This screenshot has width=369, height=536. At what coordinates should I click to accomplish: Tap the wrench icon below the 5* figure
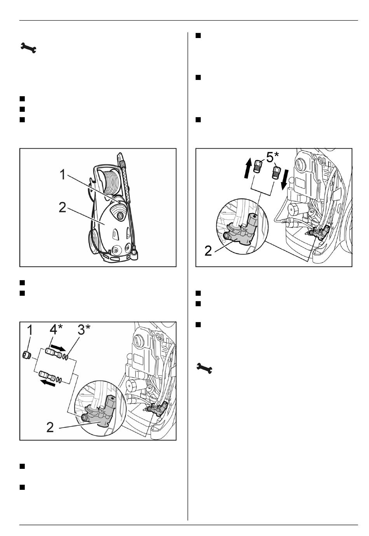coord(204,368)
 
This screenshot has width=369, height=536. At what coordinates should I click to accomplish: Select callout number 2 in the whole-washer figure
coord(62,207)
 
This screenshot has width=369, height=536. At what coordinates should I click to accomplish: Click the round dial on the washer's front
coord(120,215)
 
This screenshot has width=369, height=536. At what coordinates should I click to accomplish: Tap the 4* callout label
coord(56,330)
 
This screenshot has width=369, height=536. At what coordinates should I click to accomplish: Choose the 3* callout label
coord(84,330)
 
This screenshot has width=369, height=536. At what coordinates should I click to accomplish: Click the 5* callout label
coord(273,157)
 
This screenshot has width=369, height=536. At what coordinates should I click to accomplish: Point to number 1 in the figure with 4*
coord(30,330)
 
